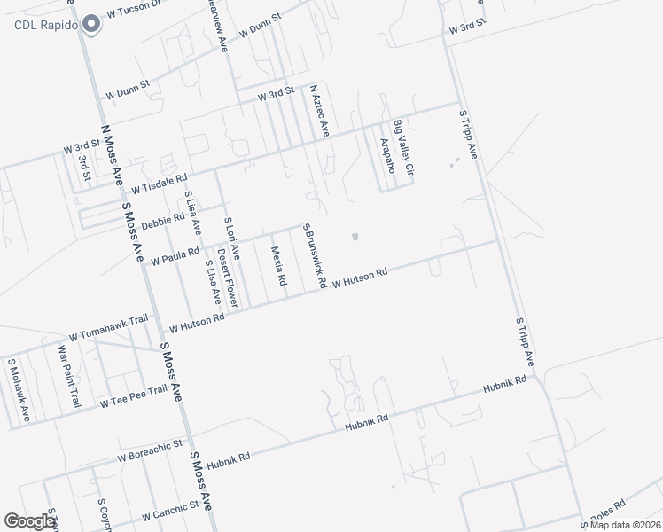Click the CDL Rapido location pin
90,25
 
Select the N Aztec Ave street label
319,111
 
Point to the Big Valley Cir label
403,146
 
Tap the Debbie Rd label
162,222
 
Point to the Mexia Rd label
278,266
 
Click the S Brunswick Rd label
316,255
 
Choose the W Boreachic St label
149,452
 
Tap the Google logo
30,521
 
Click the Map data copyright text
625,525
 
